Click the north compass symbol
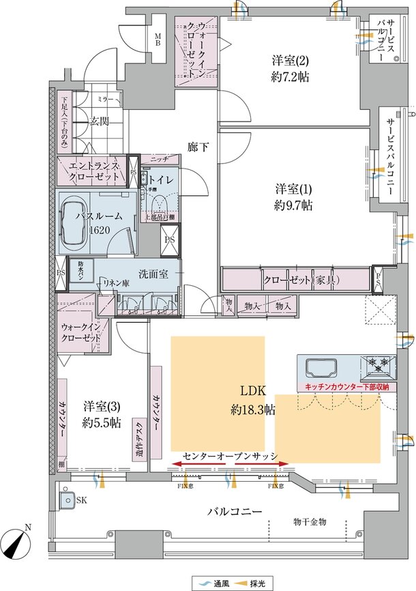coord(19,544)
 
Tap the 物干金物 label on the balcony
coord(310,521)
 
